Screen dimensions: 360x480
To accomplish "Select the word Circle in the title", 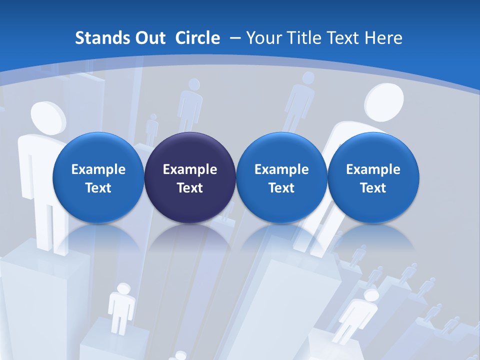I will click(197, 38).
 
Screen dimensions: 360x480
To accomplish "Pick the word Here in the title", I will click(383, 38).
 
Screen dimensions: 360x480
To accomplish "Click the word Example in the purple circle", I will click(190, 169).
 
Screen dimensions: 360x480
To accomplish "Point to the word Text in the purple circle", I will click(190, 188).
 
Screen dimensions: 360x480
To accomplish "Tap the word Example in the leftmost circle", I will click(98, 169).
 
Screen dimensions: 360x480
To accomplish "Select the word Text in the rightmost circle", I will click(373, 188).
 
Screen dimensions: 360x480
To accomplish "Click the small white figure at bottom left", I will click(121, 305).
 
